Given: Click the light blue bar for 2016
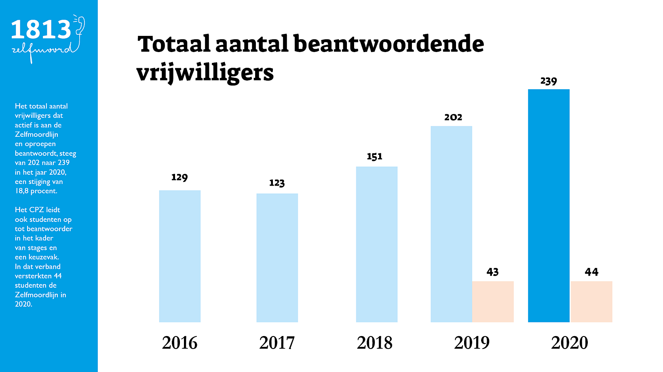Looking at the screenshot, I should coord(180,256).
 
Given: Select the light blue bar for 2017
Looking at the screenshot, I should coord(277,258).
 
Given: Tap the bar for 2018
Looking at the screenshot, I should coord(376,245).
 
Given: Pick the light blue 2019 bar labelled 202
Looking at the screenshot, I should coord(451,224).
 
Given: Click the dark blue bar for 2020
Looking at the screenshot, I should coord(549,206).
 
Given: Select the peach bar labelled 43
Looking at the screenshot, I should coord(493,301).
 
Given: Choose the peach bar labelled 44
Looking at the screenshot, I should coord(591,301).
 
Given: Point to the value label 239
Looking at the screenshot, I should coord(549,82).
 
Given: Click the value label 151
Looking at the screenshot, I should coord(374,157).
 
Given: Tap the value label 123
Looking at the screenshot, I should coord(277,183).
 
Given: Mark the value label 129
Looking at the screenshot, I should coord(179,178).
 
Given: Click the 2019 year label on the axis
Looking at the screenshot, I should coord(472,343).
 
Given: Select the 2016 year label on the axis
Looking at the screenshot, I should coord(179,343).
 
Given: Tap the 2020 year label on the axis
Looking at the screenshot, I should coord(569,343).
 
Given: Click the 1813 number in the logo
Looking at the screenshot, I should coord(41,30).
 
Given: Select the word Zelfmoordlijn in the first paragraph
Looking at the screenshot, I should coord(36,134).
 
